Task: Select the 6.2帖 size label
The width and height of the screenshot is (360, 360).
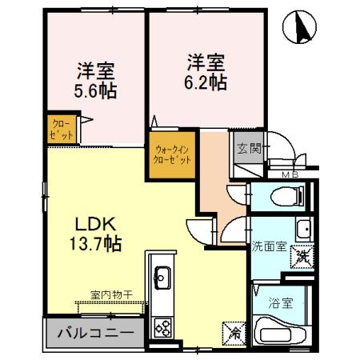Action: click(206, 82)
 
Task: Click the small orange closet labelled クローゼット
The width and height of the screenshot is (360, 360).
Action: click(60, 127)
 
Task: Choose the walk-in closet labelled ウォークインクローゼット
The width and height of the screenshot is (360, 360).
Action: click(172, 154)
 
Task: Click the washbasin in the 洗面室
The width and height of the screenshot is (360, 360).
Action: click(302, 230)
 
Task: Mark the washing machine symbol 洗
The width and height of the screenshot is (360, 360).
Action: click(302, 257)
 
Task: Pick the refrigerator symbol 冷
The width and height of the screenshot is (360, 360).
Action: click(236, 330)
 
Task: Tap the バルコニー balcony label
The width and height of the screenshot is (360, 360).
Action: click(94, 332)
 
